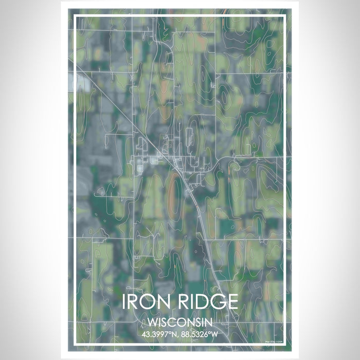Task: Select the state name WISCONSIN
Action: click(x=179, y=322)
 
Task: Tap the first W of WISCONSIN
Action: click(x=153, y=322)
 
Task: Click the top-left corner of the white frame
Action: click(x=75, y=16)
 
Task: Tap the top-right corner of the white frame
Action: click(x=285, y=16)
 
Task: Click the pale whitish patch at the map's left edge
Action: click(x=82, y=82)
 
